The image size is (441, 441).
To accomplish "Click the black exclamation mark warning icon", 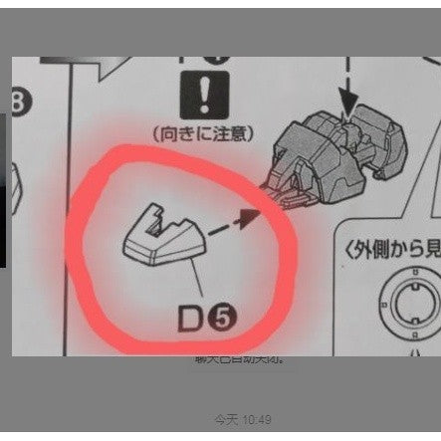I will pos(201,96).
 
